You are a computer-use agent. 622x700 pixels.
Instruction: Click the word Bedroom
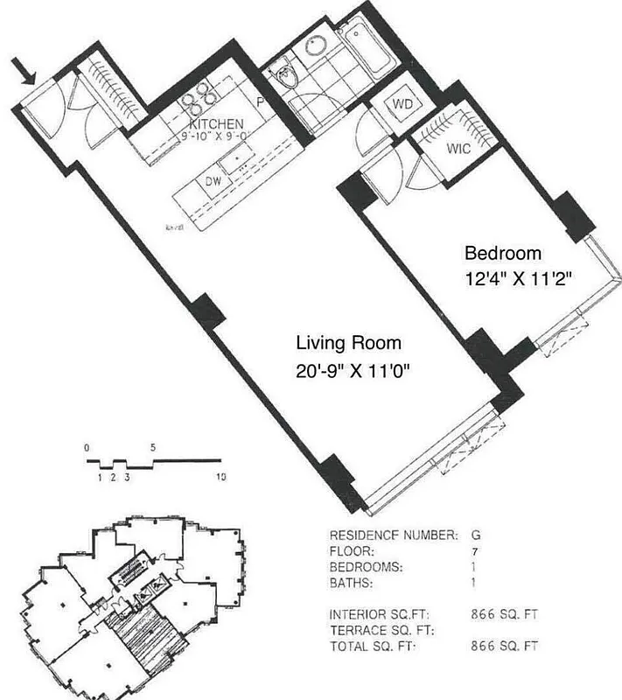(503, 254)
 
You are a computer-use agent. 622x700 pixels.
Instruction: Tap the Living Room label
(348, 343)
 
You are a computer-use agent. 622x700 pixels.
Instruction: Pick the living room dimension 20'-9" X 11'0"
(353, 370)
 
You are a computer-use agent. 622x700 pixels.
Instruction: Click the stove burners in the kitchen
(200, 97)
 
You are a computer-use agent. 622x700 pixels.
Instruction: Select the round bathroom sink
(314, 48)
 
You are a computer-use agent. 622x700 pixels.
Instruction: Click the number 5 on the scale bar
(154, 447)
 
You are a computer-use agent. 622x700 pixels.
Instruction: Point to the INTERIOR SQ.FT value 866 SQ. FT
(505, 615)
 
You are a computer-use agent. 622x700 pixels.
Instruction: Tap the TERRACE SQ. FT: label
(382, 631)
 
